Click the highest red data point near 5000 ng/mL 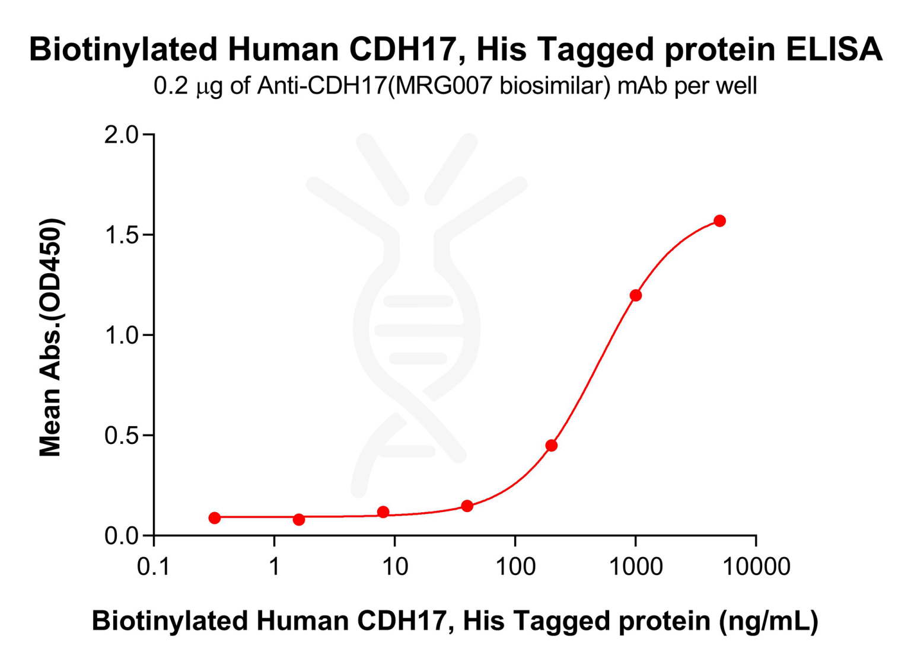coord(719,221)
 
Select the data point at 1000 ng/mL coord(635,295)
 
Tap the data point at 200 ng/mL coord(552,445)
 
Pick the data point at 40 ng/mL coord(467,506)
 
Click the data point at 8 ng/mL coord(383,511)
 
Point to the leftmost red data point coord(215,517)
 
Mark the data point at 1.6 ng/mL coord(299,519)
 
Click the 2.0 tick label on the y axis coord(121,135)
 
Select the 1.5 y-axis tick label coord(121,235)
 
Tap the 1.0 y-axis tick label coord(121,335)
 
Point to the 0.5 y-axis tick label coord(121,436)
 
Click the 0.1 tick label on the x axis coord(154,567)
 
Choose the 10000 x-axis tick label coord(756,567)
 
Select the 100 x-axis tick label coord(515,567)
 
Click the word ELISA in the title coord(834,49)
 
